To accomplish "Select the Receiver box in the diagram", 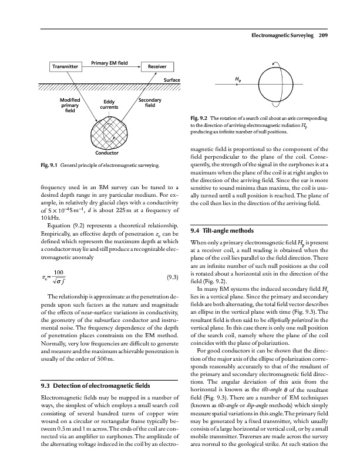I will click(x=157, y=67).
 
